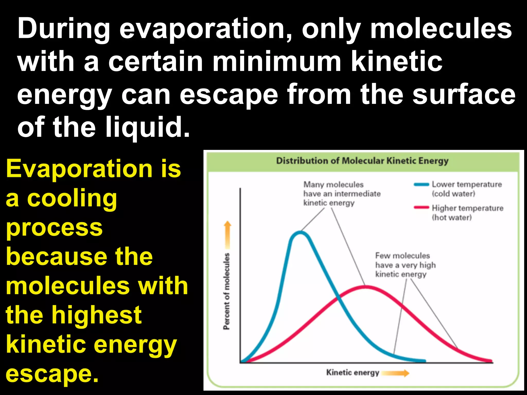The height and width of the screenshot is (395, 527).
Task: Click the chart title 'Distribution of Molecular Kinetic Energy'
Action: pyautogui.click(x=362, y=161)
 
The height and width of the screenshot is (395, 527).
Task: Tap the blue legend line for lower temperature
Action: pyautogui.click(x=421, y=184)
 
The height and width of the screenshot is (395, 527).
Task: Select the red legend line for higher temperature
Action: pyautogui.click(x=421, y=208)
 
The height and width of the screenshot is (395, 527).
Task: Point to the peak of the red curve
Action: pyautogui.click(x=365, y=287)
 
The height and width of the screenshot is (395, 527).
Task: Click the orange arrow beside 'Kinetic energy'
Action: pyautogui.click(x=395, y=373)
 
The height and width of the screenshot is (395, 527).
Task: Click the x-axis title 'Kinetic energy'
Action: pyautogui.click(x=353, y=373)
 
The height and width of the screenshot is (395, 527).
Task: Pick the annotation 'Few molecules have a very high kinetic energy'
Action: pyautogui.click(x=405, y=265)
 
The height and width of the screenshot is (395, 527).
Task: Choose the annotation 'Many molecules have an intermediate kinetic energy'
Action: pyautogui.click(x=341, y=194)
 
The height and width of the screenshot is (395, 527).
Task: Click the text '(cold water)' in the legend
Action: pyautogui.click(x=453, y=194)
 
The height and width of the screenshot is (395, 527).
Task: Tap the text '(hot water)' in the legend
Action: pyautogui.click(x=452, y=218)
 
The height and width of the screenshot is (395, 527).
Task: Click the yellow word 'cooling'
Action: pyautogui.click(x=72, y=199)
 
